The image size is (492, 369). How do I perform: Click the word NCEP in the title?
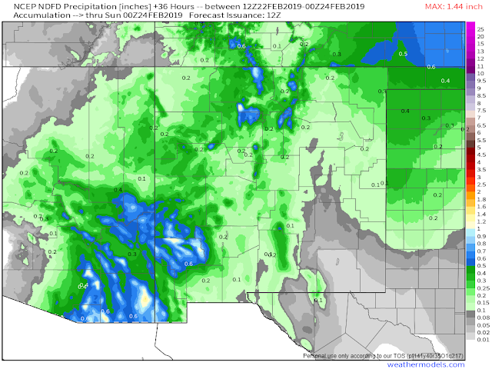point(16,7)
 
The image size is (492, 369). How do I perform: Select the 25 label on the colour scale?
point(480,28)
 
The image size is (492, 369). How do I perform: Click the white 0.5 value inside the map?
point(402,54)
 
